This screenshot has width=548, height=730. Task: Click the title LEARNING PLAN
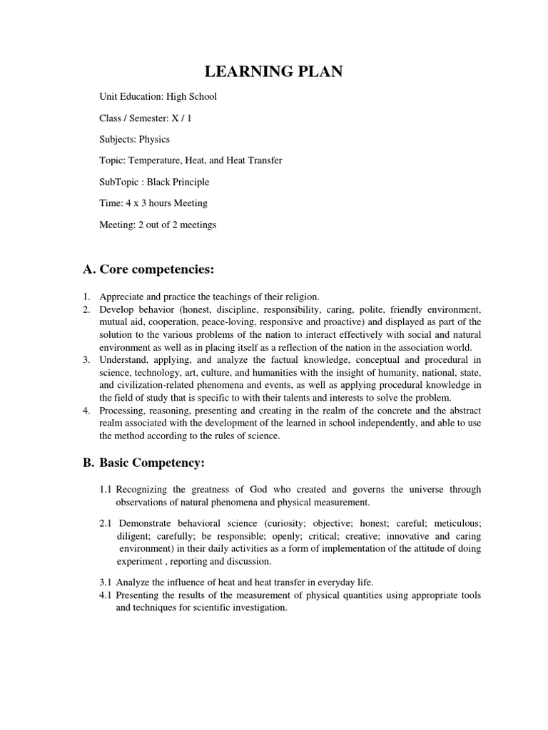(273, 71)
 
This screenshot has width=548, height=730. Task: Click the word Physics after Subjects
(155, 139)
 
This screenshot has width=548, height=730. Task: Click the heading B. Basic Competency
(143, 463)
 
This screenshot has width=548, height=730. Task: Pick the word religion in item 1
(303, 297)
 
